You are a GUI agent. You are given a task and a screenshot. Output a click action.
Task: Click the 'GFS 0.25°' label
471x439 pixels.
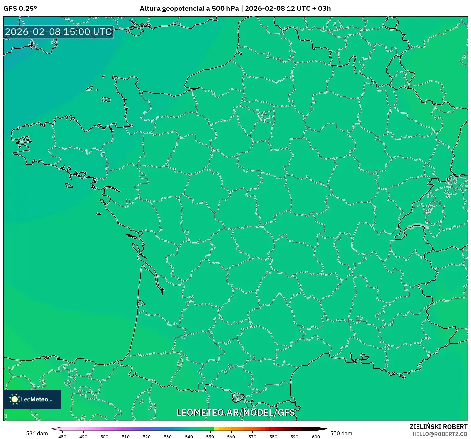(x=20, y=9)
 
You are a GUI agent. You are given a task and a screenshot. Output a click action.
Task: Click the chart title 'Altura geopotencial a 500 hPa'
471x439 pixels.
(x=189, y=9)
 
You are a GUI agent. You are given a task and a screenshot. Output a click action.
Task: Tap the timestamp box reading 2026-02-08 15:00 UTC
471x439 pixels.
(x=58, y=32)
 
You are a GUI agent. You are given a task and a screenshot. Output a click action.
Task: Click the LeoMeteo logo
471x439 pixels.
(x=32, y=399)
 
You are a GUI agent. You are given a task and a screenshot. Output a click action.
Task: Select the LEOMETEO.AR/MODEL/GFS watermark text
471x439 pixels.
(x=235, y=412)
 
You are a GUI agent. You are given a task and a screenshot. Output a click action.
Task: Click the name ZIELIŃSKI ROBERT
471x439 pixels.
(x=438, y=427)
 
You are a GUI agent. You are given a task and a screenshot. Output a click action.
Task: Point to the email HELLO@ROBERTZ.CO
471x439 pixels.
(x=440, y=434)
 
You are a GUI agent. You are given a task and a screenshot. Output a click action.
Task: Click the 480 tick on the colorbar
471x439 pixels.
(x=62, y=436)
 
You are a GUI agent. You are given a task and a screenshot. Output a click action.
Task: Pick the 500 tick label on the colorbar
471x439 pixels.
(x=104, y=436)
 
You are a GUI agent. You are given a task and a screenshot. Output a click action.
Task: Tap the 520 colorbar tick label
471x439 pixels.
(x=147, y=436)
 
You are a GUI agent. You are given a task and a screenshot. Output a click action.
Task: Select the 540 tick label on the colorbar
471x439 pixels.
(x=189, y=436)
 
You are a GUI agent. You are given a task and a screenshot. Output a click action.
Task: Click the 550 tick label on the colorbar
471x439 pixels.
(x=210, y=436)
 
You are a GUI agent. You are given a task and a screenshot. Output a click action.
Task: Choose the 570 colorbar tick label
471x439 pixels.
(x=252, y=436)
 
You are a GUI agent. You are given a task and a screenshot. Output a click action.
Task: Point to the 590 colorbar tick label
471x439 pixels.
(x=294, y=436)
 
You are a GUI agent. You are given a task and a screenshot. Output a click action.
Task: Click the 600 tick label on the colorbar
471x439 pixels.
(x=316, y=436)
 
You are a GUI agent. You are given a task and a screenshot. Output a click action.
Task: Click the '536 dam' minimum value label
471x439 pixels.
(x=37, y=433)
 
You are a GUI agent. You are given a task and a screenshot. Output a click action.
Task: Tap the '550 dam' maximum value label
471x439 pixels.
(x=341, y=433)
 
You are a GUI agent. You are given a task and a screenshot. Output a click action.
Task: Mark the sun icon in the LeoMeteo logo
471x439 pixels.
(x=14, y=399)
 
